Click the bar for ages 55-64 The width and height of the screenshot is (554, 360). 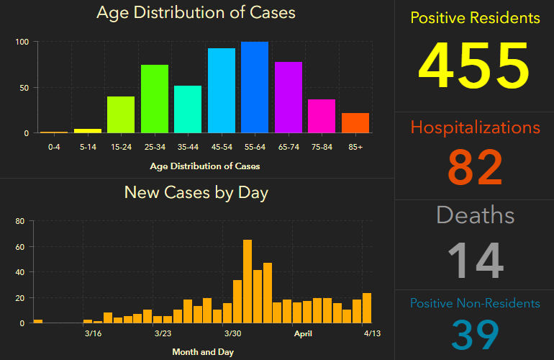point(255,88)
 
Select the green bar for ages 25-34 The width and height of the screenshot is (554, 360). point(155,99)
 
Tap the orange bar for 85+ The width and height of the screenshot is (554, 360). point(355,123)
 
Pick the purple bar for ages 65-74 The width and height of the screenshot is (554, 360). point(289,97)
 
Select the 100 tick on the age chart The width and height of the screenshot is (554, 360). point(22,42)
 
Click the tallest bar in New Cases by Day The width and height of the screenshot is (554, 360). point(248,282)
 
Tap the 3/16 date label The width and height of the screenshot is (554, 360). point(93,333)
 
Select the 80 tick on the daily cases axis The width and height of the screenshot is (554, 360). point(20,222)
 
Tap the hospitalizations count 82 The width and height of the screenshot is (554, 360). point(475,167)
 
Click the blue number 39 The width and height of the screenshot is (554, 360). point(475,334)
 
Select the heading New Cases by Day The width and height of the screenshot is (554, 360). point(196,192)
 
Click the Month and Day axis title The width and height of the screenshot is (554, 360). point(203,352)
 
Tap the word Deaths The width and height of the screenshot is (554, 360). point(475,215)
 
